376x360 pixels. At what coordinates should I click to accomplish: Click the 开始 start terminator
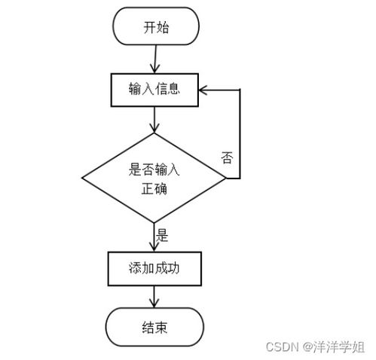pos(154,27)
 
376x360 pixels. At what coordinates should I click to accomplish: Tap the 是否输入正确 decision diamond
pos(154,178)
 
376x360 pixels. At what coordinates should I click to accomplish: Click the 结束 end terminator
pos(154,327)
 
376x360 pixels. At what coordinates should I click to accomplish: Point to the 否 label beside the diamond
pos(227,157)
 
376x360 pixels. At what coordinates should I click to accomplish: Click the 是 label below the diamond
pos(162,235)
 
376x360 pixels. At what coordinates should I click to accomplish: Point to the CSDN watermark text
pos(283,346)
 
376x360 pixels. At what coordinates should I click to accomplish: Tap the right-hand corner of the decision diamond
pos(225,178)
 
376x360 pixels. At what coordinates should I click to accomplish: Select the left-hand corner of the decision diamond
pos(82,178)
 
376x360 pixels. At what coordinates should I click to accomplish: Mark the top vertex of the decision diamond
pos(154,134)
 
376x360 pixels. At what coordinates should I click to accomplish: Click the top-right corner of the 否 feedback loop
pos(240,90)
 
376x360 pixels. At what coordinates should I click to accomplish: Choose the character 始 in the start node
pos(163,27)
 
